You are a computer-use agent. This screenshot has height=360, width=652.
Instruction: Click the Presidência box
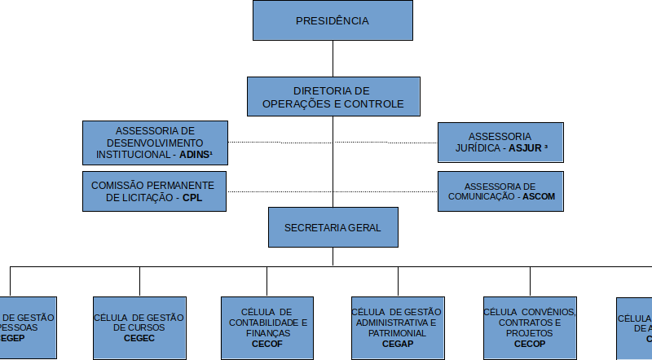tap(332, 20)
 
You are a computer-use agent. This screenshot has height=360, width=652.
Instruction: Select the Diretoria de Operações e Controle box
tap(333, 97)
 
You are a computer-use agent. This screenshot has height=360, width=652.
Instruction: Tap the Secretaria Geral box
tap(333, 227)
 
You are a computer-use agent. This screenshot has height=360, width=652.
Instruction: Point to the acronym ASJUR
tap(525, 148)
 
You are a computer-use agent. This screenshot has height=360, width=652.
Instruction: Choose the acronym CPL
tap(192, 198)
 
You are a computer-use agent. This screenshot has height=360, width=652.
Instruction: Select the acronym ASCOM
tap(539, 197)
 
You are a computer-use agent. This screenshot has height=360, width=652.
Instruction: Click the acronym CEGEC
tap(139, 338)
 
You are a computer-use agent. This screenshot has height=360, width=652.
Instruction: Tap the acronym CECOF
tap(267, 345)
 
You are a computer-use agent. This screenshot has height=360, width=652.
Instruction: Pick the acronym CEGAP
tap(397, 345)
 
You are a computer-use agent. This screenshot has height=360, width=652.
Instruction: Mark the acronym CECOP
tap(529, 345)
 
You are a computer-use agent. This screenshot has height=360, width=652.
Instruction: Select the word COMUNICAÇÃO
tap(482, 197)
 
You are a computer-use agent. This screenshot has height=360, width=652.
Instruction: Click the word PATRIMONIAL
tap(397, 334)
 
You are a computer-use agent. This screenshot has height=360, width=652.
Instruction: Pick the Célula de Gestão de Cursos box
tap(139, 327)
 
